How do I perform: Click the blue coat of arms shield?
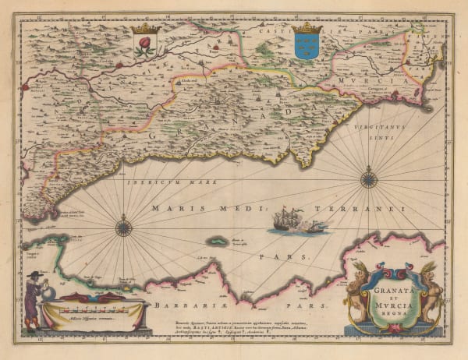[x=307, y=46]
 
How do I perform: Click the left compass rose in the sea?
[x=123, y=228]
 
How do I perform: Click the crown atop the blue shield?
[x=307, y=29]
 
